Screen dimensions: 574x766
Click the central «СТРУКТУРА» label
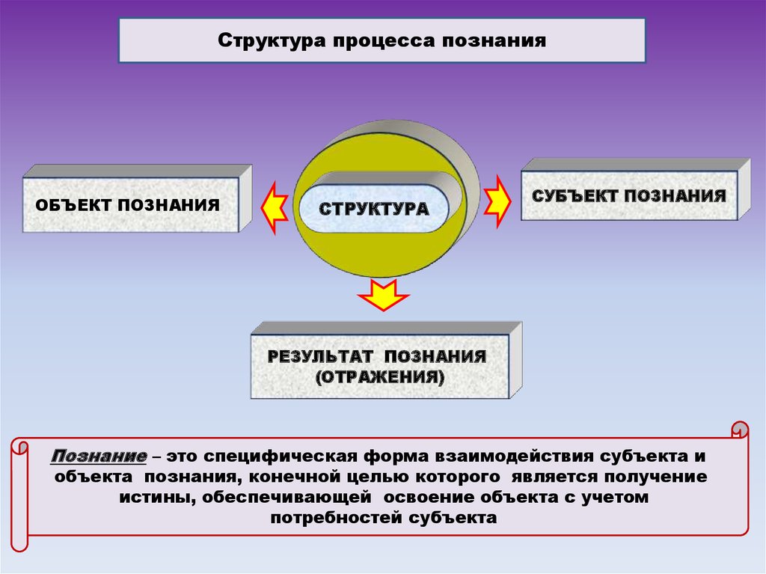coord(374,208)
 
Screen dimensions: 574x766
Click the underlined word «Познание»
coord(99,456)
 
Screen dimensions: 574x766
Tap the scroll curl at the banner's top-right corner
coord(739,430)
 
